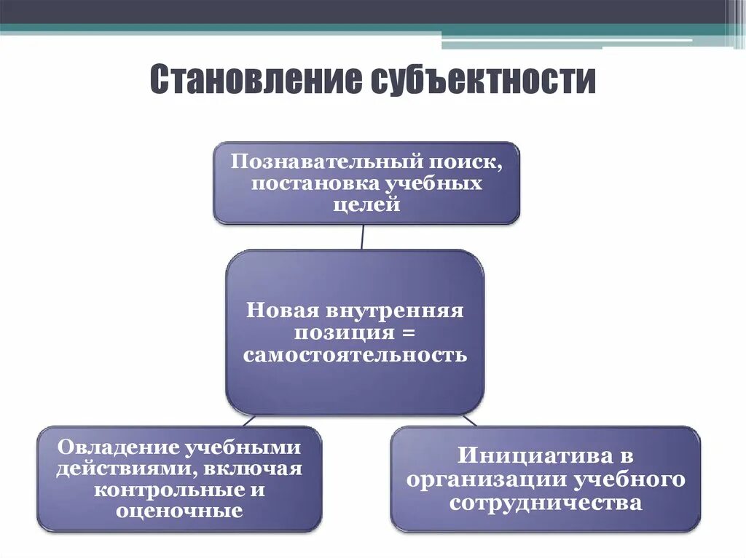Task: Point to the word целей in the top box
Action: (366, 205)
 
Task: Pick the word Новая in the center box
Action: (283, 311)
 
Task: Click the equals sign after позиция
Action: (407, 333)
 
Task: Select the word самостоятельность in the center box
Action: (355, 356)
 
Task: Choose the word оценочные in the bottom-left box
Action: (178, 511)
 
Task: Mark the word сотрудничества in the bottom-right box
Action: (546, 503)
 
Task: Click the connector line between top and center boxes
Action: (363, 236)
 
